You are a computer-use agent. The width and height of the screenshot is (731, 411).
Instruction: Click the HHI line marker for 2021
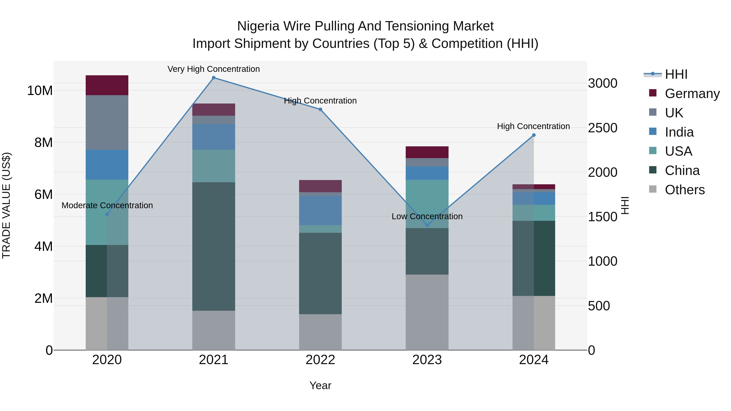point(214,78)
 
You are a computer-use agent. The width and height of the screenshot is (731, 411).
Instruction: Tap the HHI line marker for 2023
point(427,225)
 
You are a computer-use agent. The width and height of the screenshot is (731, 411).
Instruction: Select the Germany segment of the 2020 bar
point(107,85)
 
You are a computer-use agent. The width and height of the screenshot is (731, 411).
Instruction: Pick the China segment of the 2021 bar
point(214,246)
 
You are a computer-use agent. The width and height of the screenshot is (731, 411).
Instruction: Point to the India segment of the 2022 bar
point(320,210)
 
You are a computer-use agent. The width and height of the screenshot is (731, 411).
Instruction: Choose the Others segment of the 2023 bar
point(427,312)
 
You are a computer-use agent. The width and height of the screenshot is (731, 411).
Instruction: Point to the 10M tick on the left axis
point(40,91)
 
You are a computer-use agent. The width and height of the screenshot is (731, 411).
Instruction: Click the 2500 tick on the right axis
point(602,128)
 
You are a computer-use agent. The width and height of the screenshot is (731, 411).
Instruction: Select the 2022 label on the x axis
point(320,360)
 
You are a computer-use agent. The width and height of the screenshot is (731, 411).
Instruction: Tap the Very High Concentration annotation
point(214,69)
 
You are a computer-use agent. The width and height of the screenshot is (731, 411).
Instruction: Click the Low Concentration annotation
point(427,216)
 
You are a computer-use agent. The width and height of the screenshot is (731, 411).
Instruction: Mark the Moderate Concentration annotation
point(107,205)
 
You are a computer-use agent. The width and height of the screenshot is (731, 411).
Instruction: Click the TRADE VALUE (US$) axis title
point(6,205)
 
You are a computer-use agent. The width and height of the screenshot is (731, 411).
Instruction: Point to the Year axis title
point(320,385)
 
